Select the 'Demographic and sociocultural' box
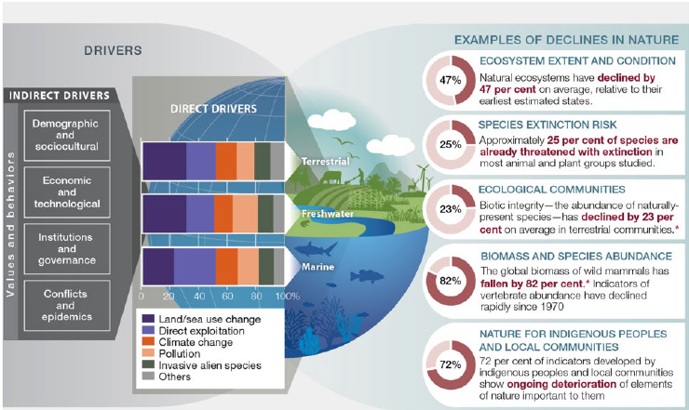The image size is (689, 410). pyautogui.click(x=67, y=135)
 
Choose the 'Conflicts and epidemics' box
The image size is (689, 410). pyautogui.click(x=67, y=305)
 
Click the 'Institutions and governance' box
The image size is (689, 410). pyautogui.click(x=67, y=248)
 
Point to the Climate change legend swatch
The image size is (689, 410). pyautogui.click(x=149, y=341)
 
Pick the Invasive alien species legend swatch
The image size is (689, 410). pyautogui.click(x=149, y=364)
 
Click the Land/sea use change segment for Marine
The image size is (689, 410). pyautogui.click(x=158, y=267)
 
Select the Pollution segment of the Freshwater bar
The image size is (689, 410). pyautogui.click(x=245, y=214)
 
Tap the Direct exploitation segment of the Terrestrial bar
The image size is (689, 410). pyautogui.click(x=201, y=161)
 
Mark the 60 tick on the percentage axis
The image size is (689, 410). pyautogui.click(x=227, y=297)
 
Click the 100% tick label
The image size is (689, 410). pyautogui.click(x=288, y=297)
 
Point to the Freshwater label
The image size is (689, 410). pyautogui.click(x=328, y=214)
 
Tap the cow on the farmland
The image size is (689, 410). pyautogui.click(x=330, y=178)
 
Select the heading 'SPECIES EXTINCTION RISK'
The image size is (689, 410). pyautogui.click(x=547, y=125)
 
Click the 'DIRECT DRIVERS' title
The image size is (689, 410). pyautogui.click(x=213, y=109)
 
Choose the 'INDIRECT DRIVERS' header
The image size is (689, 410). pyautogui.click(x=60, y=96)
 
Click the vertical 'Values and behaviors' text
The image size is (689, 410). pyautogui.click(x=10, y=224)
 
